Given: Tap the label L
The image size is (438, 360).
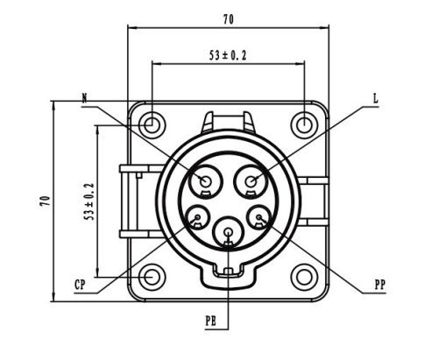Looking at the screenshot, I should click(x=375, y=99).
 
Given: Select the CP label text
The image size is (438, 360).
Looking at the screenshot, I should click(x=80, y=285).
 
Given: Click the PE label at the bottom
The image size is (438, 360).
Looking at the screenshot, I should click(x=211, y=322).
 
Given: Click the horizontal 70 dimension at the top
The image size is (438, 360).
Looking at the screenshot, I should click(x=229, y=17).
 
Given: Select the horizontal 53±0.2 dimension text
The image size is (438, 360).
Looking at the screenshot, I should click(x=228, y=54).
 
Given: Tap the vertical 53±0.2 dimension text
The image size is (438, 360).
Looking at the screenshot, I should click(x=89, y=201).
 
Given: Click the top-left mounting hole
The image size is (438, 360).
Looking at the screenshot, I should click(x=152, y=124).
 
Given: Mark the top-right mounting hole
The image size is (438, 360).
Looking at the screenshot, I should click(x=304, y=124).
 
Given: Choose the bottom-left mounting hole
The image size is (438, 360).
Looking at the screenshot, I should click(x=152, y=277).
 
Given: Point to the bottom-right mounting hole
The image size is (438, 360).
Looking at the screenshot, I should click(x=304, y=277).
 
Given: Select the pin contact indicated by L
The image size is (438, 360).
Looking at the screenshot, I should click(x=252, y=181).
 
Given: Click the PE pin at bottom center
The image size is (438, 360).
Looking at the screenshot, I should click(x=229, y=232).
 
